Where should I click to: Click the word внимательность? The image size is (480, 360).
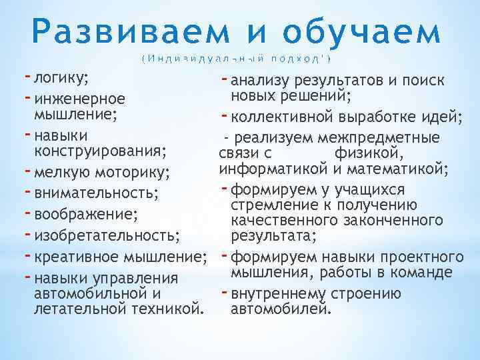tap(96, 194)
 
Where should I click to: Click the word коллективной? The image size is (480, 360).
tap(283, 118)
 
